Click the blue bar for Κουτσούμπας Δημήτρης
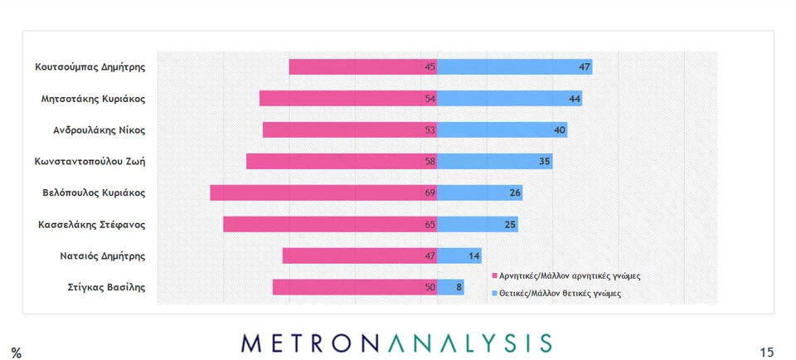click(x=514, y=67)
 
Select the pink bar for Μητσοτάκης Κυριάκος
click(x=348, y=99)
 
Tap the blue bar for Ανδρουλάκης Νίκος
click(x=502, y=130)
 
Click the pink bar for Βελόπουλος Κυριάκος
click(x=323, y=192)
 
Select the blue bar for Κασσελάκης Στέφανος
click(x=478, y=224)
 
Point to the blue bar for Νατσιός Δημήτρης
click(x=459, y=255)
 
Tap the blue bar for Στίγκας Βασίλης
click(x=450, y=287)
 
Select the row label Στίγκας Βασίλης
click(x=106, y=287)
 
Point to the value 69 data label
click(x=430, y=192)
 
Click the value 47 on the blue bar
click(x=585, y=67)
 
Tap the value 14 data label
click(x=473, y=255)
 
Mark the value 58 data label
click(x=430, y=162)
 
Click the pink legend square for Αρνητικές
click(x=493, y=276)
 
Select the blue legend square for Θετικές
click(x=493, y=294)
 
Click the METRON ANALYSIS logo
click(x=396, y=343)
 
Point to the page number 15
click(x=766, y=353)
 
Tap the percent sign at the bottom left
click(x=16, y=353)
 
